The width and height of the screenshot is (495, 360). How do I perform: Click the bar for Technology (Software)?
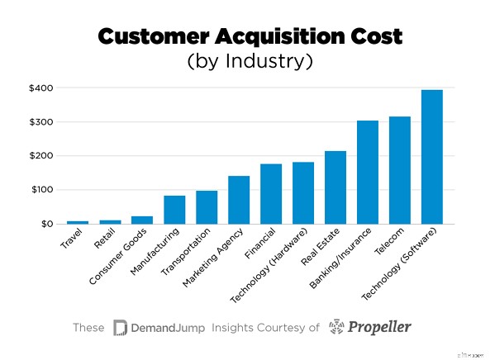tap(432, 157)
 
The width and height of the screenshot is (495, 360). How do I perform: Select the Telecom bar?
tap(400, 170)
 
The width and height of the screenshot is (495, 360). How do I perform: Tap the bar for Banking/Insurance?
tap(368, 173)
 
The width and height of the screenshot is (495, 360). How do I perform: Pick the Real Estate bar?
tap(336, 187)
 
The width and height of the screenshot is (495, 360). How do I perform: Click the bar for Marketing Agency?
tap(239, 200)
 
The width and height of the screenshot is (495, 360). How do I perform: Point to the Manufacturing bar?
tap(174, 210)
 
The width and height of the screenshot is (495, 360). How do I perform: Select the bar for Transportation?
tap(207, 207)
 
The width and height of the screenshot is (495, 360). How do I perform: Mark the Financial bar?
tap(271, 194)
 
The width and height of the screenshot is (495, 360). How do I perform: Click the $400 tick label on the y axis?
tap(40, 88)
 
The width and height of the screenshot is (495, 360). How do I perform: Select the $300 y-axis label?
tap(40, 122)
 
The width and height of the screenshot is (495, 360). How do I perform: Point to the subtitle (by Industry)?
tap(248, 62)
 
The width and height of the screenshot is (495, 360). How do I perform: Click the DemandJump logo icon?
tap(120, 328)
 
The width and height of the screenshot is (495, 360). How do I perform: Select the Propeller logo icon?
tap(340, 328)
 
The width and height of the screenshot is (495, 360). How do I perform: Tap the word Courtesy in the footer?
tap(280, 328)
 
